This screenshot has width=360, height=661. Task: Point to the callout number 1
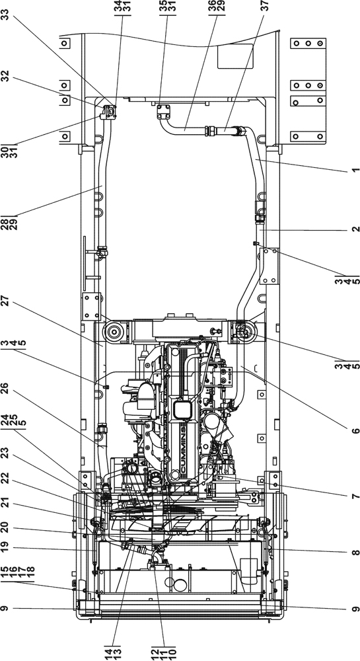tap(355, 171)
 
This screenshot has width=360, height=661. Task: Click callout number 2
tap(355, 230)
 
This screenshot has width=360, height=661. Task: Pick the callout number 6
tap(355, 431)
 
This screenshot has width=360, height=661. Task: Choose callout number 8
tap(355, 552)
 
